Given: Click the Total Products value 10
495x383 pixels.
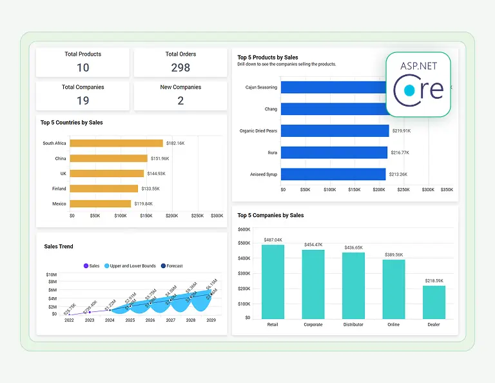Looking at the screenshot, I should [x=82, y=68].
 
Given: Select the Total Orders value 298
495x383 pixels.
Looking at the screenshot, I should [x=180, y=68].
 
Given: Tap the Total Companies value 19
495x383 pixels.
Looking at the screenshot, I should [x=82, y=101].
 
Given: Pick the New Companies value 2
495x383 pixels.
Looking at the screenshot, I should [x=180, y=101].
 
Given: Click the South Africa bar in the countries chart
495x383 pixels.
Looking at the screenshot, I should [x=116, y=143].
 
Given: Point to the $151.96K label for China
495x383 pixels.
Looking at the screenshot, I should [x=159, y=158].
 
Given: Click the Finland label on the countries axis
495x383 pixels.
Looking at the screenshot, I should [x=59, y=189].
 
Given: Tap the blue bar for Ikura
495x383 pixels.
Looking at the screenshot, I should [x=334, y=152].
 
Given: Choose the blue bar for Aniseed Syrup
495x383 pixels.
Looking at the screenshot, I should [x=333, y=174].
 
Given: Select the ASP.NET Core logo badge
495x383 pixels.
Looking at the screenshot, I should [x=418, y=84].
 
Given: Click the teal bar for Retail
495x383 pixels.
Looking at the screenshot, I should [x=273, y=281].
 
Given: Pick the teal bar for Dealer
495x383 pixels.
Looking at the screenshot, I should [x=434, y=302].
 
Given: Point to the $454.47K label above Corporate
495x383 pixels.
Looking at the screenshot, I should [x=313, y=245].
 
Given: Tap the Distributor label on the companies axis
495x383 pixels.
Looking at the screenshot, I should [x=353, y=324].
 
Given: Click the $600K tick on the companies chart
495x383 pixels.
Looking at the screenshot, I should [x=244, y=229].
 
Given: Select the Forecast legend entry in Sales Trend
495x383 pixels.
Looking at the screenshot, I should [x=171, y=265].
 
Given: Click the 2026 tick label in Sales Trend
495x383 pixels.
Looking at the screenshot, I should [x=150, y=320].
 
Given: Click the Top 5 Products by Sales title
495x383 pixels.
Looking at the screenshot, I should [x=267, y=57].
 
